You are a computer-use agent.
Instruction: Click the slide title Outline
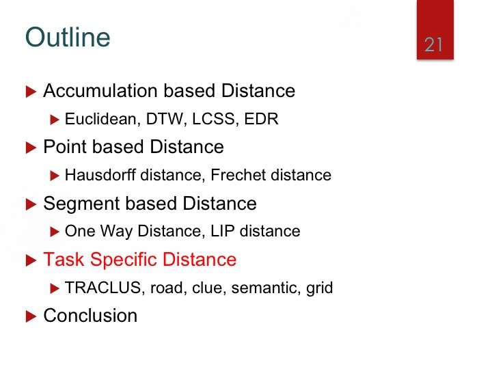[x=68, y=38]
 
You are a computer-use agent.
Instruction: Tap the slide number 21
[x=433, y=44]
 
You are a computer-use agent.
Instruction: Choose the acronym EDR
[x=261, y=119]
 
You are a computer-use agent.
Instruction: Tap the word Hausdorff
[x=100, y=175]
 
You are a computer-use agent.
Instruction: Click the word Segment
[x=81, y=204]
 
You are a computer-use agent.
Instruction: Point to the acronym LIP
[x=223, y=231]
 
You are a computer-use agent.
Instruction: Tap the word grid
[x=319, y=288]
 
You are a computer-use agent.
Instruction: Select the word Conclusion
[x=90, y=315]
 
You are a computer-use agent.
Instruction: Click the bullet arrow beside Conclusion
[x=31, y=316]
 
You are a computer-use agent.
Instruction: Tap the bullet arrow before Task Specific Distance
[x=31, y=260]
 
